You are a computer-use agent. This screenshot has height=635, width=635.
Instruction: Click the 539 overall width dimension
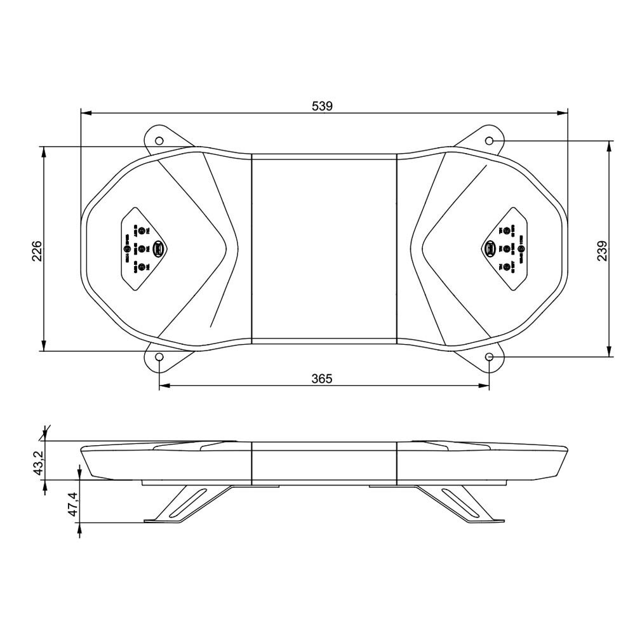323,106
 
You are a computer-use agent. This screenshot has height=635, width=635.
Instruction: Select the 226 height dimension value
36,250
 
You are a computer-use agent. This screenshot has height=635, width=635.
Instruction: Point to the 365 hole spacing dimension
323,378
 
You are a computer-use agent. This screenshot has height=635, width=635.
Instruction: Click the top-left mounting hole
159,140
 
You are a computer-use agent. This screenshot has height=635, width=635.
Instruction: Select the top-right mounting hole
490,140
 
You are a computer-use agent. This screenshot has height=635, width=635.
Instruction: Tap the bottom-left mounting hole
159,358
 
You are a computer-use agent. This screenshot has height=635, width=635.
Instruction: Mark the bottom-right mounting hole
490,358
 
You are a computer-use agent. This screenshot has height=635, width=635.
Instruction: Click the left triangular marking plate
145,249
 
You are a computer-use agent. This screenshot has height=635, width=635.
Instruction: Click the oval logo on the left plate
160,249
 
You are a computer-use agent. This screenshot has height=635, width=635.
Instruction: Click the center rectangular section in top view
324,249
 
